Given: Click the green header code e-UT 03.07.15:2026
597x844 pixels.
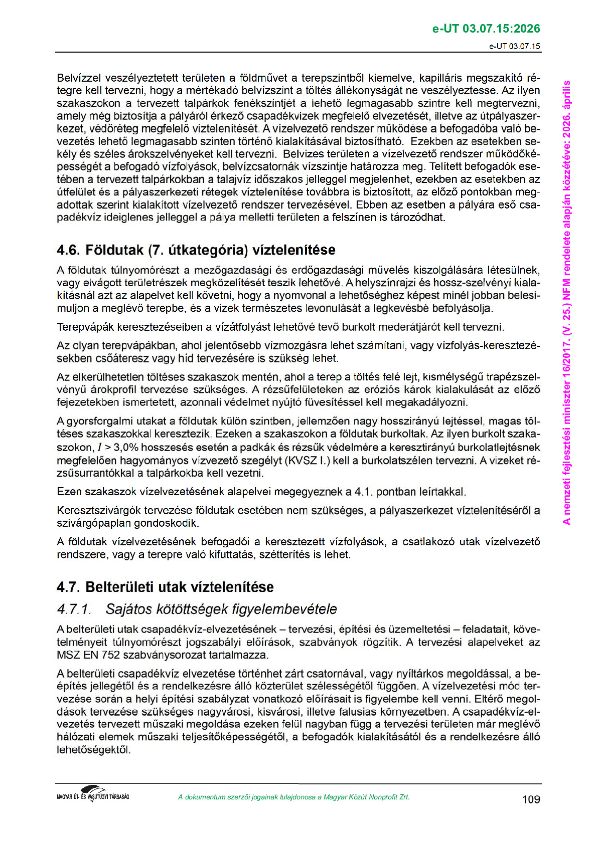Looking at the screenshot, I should click(486, 29).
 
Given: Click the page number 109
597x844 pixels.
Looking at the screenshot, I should click(531, 799).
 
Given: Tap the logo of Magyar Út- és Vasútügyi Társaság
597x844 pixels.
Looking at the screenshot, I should click(93, 793).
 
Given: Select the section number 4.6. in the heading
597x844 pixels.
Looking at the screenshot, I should click(68, 250).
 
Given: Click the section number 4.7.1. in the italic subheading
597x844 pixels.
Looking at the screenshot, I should click(74, 609).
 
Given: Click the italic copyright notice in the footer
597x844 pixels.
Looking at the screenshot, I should click(293, 797).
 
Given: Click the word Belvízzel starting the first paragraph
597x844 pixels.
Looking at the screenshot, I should click(79, 78).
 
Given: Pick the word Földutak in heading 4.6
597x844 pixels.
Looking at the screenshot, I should click(115, 250).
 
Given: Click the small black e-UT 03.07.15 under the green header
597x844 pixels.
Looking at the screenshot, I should click(515, 47).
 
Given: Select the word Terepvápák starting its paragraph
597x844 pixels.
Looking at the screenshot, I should click(85, 327).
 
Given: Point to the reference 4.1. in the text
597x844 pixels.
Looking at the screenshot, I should click(364, 492).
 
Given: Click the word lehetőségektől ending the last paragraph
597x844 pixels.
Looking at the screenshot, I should click(93, 750).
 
